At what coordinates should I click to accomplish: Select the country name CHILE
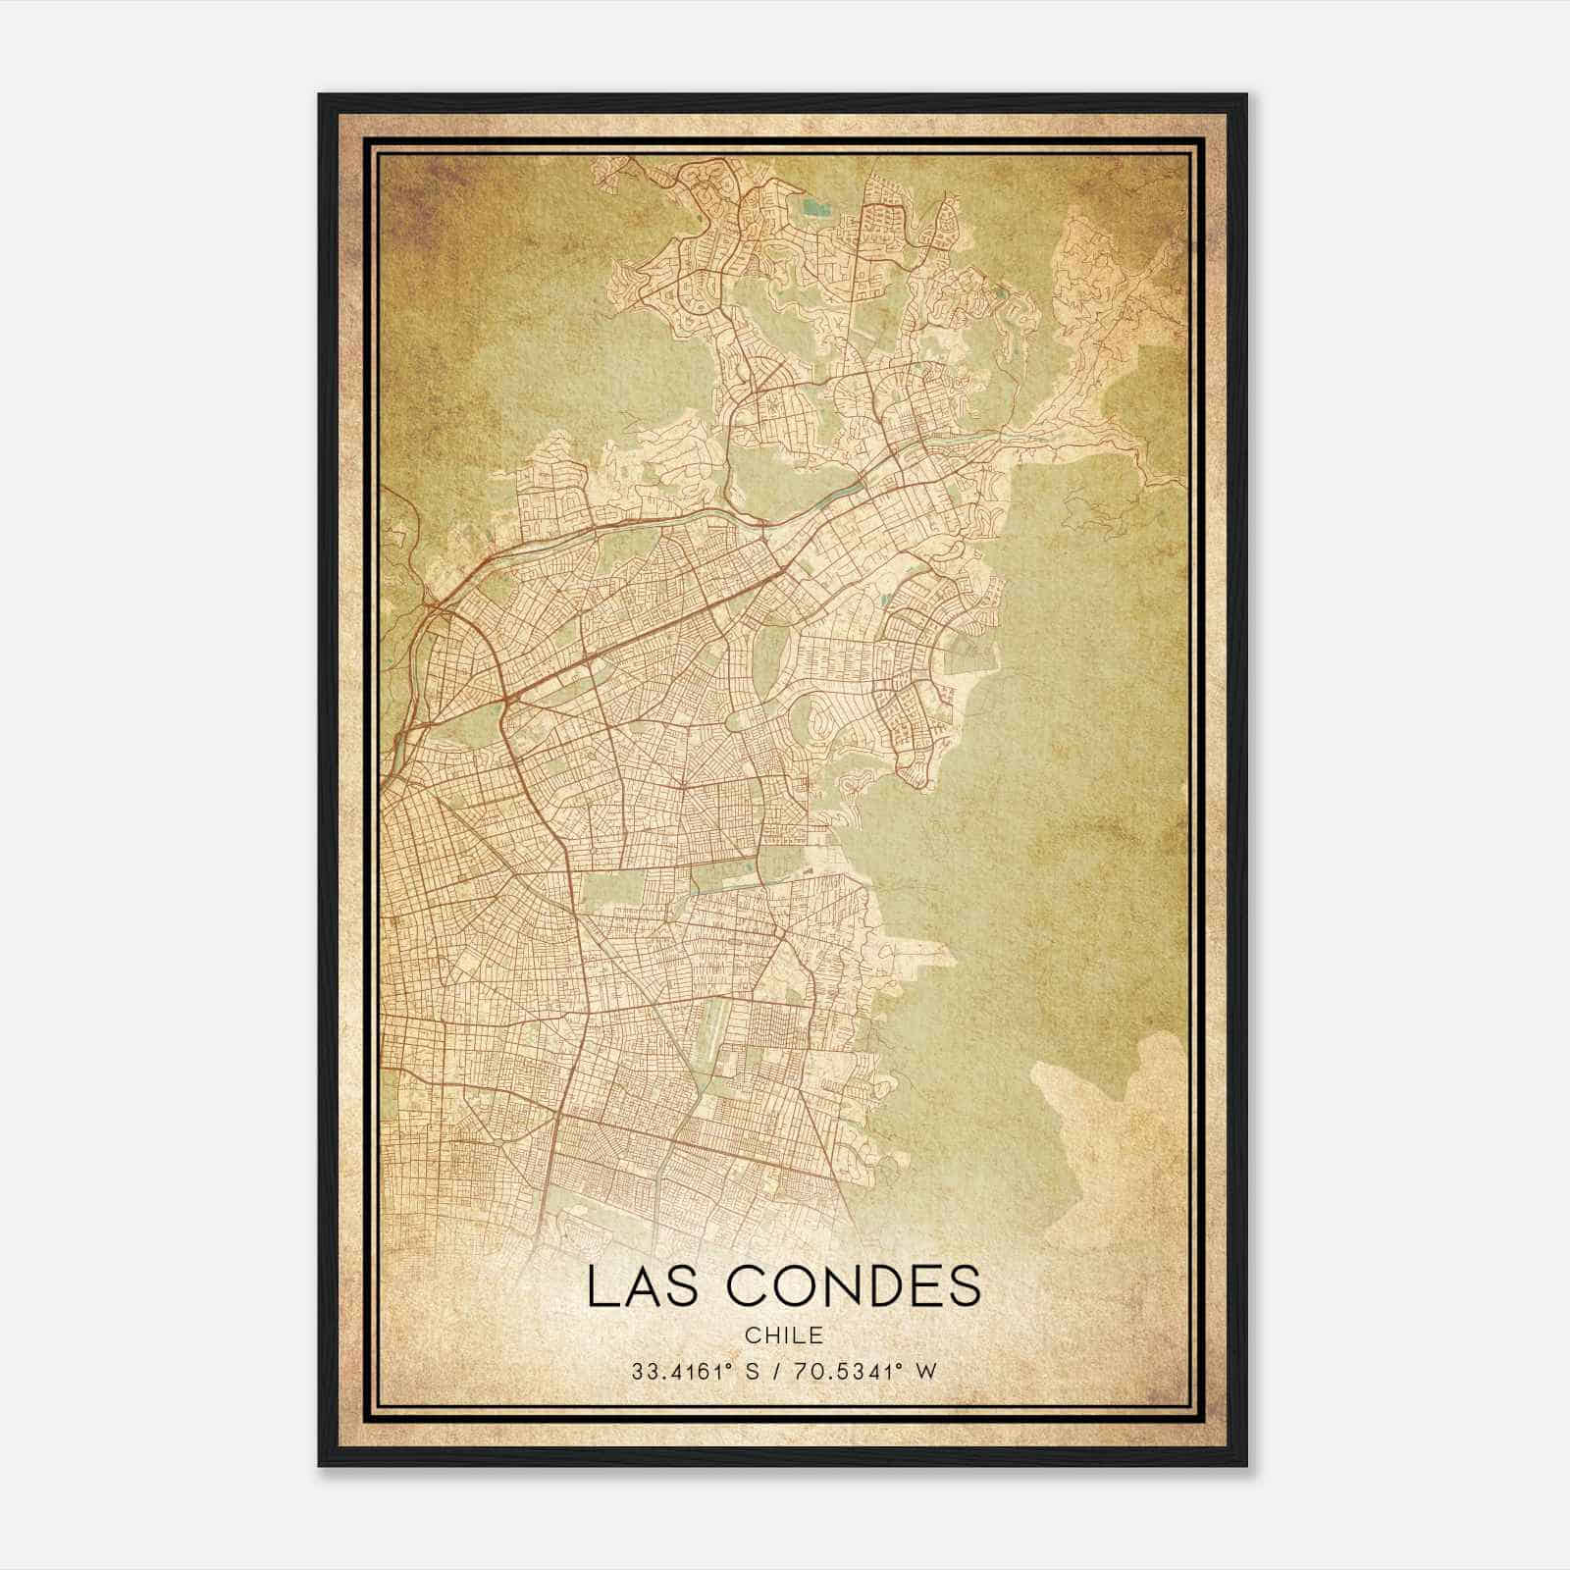(x=783, y=1335)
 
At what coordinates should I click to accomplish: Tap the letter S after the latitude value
(x=753, y=1371)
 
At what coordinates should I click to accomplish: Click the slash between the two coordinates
(x=777, y=1371)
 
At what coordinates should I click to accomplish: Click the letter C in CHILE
(x=751, y=1335)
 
